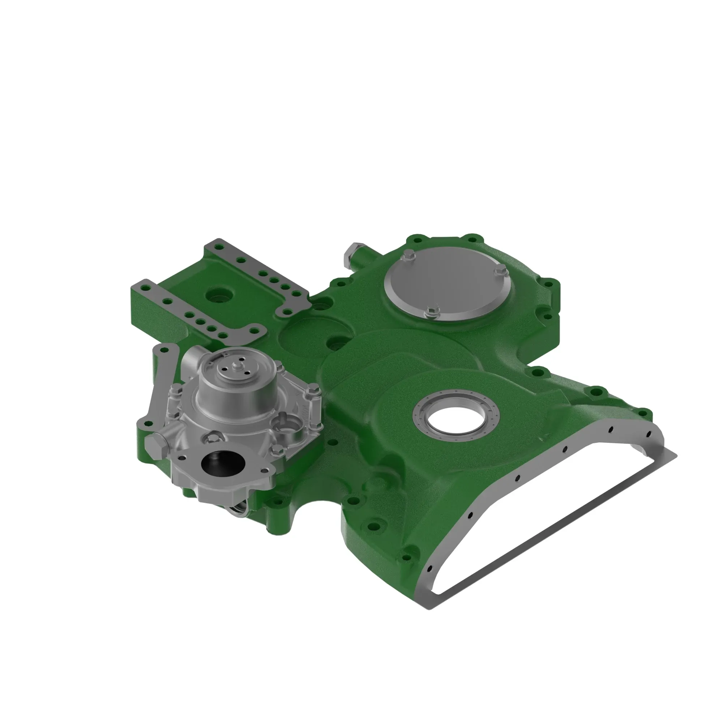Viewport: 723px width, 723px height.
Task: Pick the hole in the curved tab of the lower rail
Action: point(256,330)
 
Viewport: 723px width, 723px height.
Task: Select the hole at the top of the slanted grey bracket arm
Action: point(163,350)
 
